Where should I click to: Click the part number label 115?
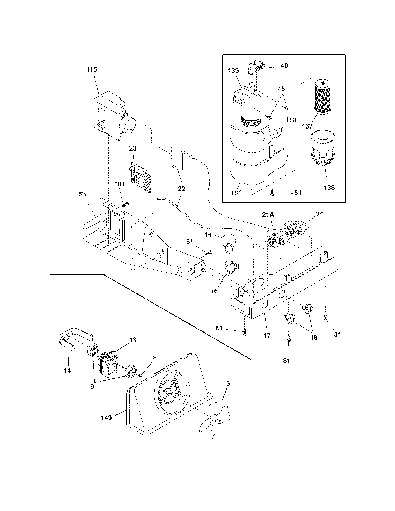tap(91, 69)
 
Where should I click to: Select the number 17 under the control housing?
tap(267, 335)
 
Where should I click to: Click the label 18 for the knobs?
tap(314, 338)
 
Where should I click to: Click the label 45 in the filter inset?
tap(281, 89)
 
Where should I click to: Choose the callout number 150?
tap(291, 120)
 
